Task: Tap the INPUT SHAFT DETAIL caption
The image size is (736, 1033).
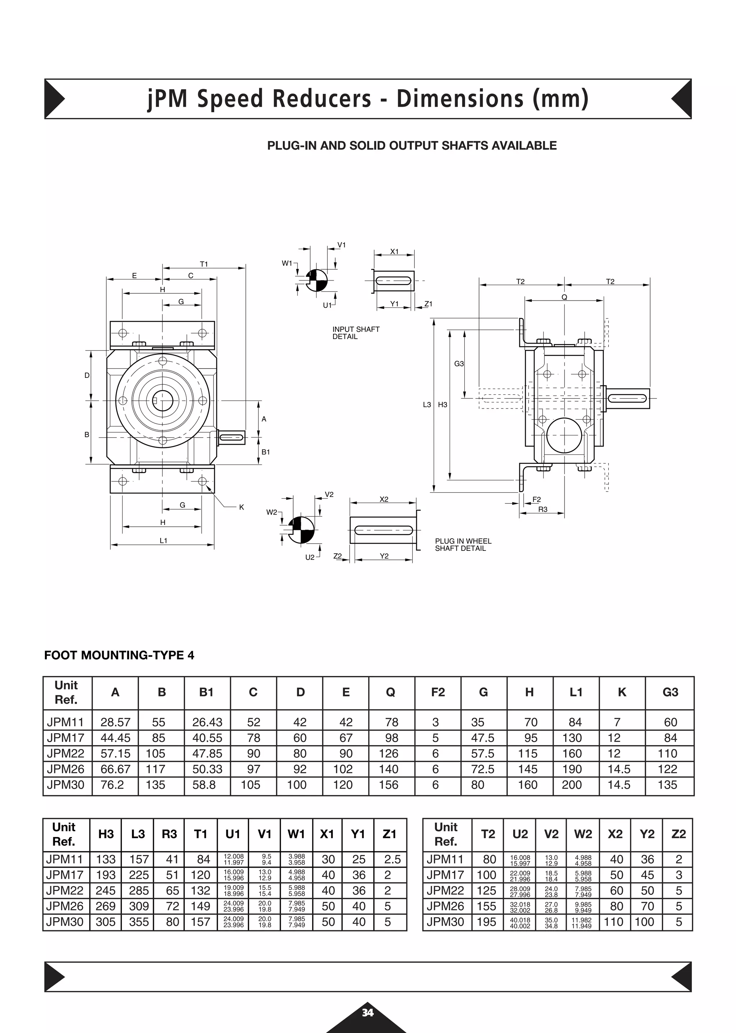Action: (355, 333)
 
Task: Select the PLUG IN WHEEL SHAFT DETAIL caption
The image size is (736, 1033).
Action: (463, 545)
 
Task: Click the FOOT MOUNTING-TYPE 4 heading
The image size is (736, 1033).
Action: (119, 655)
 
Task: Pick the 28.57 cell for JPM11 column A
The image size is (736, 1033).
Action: (115, 722)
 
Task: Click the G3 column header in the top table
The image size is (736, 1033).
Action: (670, 693)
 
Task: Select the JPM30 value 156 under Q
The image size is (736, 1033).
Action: (388, 785)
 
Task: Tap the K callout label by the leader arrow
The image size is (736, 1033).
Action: (241, 507)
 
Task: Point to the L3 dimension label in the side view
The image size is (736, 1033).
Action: (427, 404)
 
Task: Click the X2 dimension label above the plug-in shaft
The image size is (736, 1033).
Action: (384, 499)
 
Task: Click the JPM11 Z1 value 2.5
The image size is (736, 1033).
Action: (392, 859)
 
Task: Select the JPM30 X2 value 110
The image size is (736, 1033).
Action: (614, 922)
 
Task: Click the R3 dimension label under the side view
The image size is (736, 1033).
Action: (543, 509)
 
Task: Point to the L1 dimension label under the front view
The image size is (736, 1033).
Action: (163, 540)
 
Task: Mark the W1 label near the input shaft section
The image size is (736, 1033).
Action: (287, 263)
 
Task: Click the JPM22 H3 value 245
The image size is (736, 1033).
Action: (106, 891)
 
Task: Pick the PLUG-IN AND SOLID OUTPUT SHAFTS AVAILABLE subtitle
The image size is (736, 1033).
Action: (411, 146)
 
